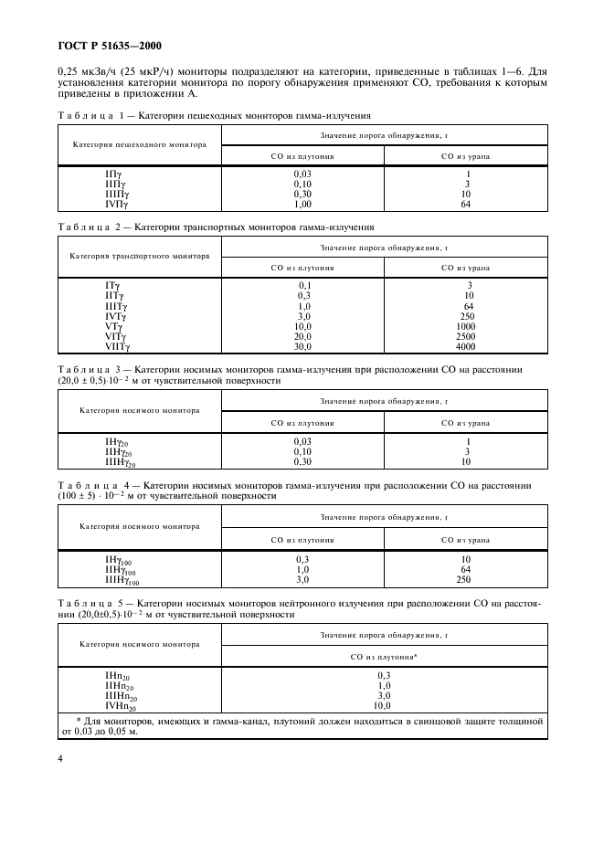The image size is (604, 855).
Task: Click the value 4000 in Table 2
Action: [x=466, y=347]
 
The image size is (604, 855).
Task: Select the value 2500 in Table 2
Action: [x=466, y=336]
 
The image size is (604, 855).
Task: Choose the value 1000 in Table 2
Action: [x=466, y=326]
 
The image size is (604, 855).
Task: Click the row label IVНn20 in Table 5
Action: [x=120, y=706]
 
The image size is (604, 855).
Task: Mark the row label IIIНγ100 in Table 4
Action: [x=122, y=579]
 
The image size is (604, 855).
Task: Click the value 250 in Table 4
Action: [x=466, y=579]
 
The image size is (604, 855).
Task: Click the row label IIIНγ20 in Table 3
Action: [x=120, y=462]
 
